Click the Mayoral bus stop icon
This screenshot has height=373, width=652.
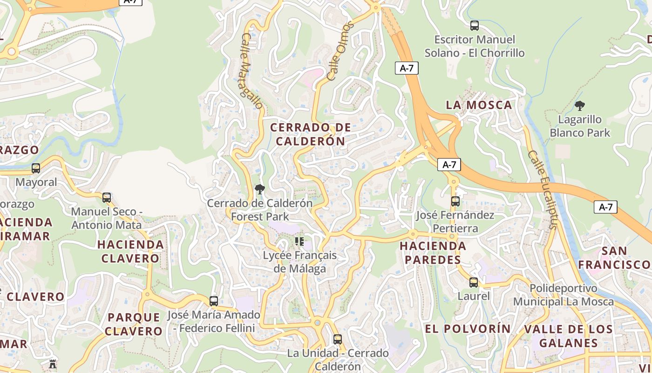coord(36,168)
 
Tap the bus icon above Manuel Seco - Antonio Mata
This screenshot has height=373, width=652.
coord(107,198)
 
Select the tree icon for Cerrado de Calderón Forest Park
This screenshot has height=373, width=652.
coord(260,189)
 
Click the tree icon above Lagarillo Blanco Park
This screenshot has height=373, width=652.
coord(580,106)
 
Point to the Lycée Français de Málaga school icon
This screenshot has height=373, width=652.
coord(299,242)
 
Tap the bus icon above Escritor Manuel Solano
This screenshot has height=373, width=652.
coord(475,26)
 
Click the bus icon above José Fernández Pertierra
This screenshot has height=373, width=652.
coord(455,201)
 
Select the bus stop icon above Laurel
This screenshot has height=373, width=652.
coord(474,283)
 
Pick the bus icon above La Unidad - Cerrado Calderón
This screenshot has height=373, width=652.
coord(338,339)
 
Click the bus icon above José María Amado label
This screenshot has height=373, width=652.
coord(214,301)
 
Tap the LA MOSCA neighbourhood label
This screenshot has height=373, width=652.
coord(479,105)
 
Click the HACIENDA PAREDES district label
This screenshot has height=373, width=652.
coord(433,253)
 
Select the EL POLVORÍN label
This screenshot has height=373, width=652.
coord(468,329)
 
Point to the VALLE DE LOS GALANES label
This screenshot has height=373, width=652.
coord(568,336)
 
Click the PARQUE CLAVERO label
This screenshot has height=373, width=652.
coord(133,325)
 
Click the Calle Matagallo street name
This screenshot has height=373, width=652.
coord(251,71)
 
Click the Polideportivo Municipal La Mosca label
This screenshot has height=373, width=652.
coord(564,295)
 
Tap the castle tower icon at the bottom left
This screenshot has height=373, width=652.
coord(53,364)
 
